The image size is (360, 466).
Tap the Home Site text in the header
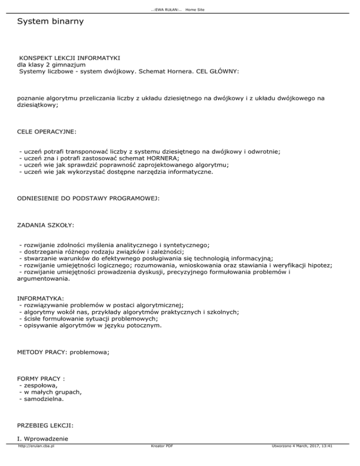click(x=195, y=10)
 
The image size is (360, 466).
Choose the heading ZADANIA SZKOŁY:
click(x=45, y=225)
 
